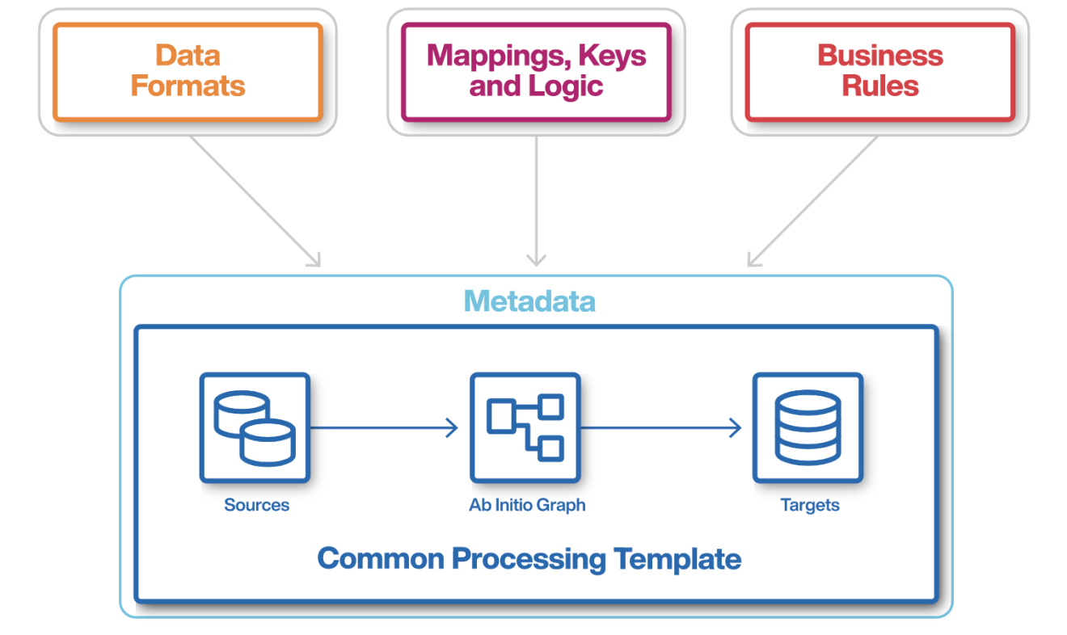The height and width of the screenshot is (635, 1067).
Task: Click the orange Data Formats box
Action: coord(188,71)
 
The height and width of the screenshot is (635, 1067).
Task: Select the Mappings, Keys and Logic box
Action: coord(536,71)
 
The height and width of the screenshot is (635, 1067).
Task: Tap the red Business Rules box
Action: coord(879,71)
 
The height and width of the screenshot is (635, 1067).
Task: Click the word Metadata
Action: coord(529,301)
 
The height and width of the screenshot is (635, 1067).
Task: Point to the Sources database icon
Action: coord(255,427)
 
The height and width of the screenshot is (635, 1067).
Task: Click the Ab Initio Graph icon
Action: coord(525,427)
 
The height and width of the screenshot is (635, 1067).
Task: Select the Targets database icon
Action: coord(808,427)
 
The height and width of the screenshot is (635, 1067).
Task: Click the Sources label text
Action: coord(256,505)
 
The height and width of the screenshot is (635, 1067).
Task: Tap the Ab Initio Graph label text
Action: coord(527,505)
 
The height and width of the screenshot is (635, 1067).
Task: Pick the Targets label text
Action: coord(809,505)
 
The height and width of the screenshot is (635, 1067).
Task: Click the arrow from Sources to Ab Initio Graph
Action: coord(384,428)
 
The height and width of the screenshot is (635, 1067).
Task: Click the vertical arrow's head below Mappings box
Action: coord(536,260)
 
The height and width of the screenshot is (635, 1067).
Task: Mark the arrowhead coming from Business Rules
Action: coord(753,260)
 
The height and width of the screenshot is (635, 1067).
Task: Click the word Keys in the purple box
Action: coord(618,56)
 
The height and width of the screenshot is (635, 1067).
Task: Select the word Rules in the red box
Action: coord(879,86)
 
